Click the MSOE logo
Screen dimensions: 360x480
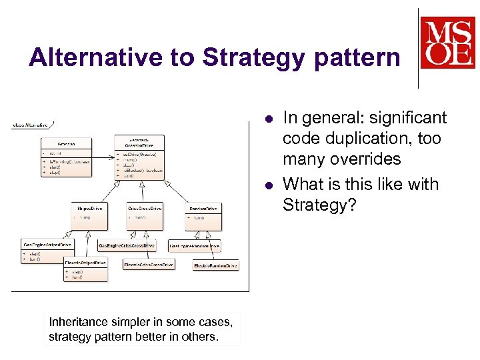point(447,43)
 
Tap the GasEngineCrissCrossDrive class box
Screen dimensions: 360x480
point(127,245)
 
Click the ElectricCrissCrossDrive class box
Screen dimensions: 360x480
point(149,265)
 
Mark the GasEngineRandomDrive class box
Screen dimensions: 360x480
point(194,245)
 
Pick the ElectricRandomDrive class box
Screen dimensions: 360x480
point(215,265)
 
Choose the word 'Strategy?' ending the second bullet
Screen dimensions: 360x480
point(315,205)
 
